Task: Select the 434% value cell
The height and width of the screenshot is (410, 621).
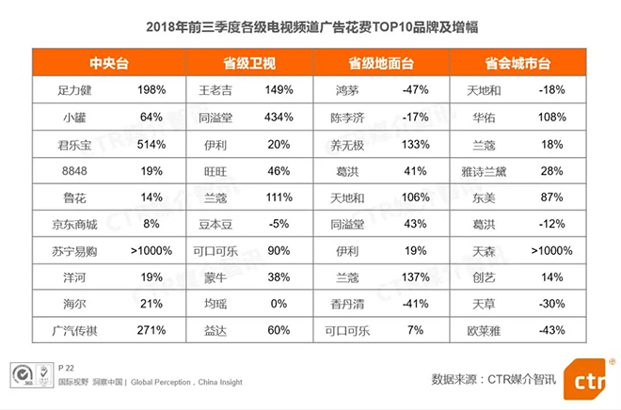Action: tap(279, 118)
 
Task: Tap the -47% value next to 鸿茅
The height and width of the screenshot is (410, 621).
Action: tap(415, 90)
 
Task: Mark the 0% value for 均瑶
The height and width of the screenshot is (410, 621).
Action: tap(279, 306)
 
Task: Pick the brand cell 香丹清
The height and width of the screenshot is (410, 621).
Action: tap(351, 306)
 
